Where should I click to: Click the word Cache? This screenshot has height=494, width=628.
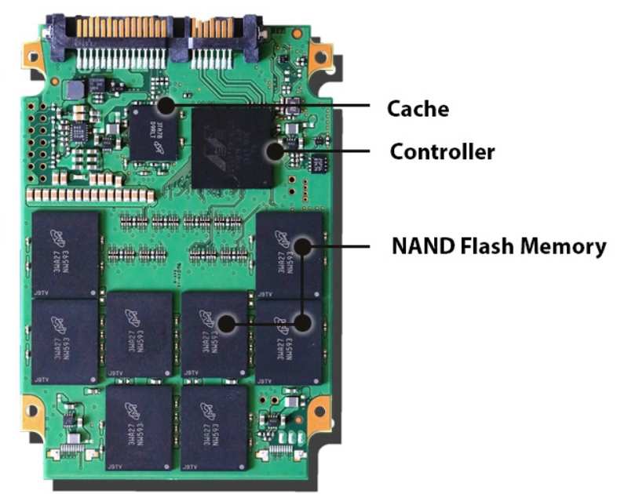pos(418,108)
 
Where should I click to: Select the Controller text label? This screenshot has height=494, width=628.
pos(442,151)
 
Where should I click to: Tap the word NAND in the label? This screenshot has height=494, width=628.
pos(416,246)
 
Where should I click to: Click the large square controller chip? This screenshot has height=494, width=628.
pos(233,147)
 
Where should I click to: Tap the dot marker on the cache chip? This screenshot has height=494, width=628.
pos(166,104)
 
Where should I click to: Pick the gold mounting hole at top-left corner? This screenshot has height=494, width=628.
pos(33,56)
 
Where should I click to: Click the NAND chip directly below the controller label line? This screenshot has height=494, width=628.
pos(289,252)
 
